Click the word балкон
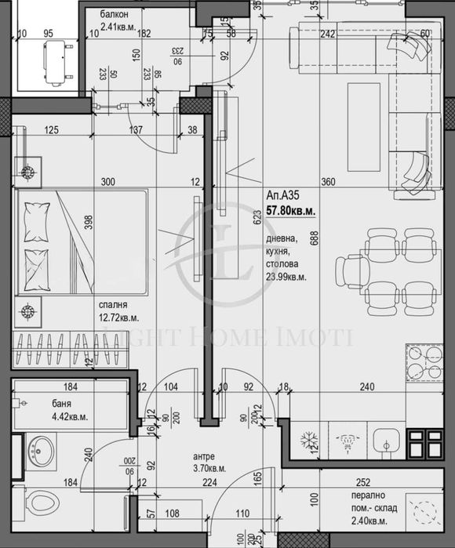click(118, 15)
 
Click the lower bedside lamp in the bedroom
click(29, 310)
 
